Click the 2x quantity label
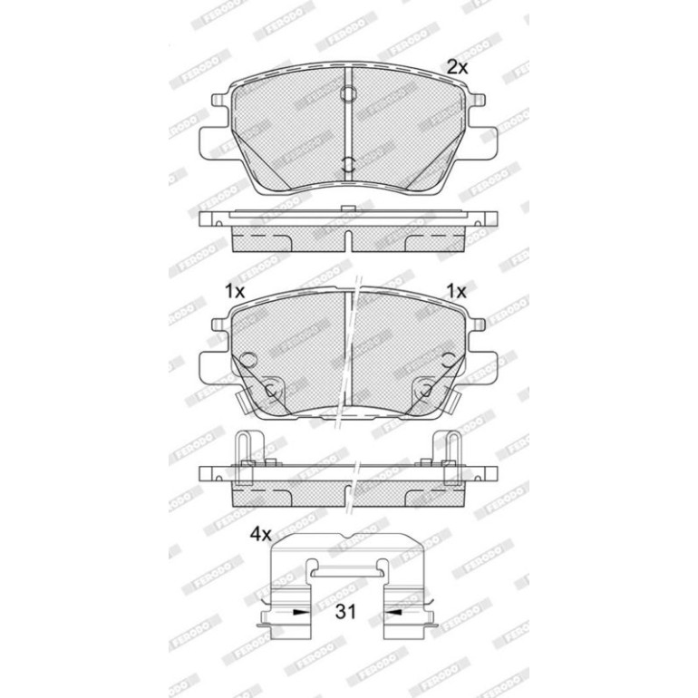pos(457,68)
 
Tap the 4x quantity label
pos(260,534)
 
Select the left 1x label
pos(235,292)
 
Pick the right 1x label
pos(456,292)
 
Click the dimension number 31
pos(346,612)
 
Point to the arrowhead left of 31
pos(301,613)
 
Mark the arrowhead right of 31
pos(393,613)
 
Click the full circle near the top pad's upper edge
pos(348,93)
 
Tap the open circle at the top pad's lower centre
pos(348,164)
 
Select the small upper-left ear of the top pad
pos(219,100)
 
